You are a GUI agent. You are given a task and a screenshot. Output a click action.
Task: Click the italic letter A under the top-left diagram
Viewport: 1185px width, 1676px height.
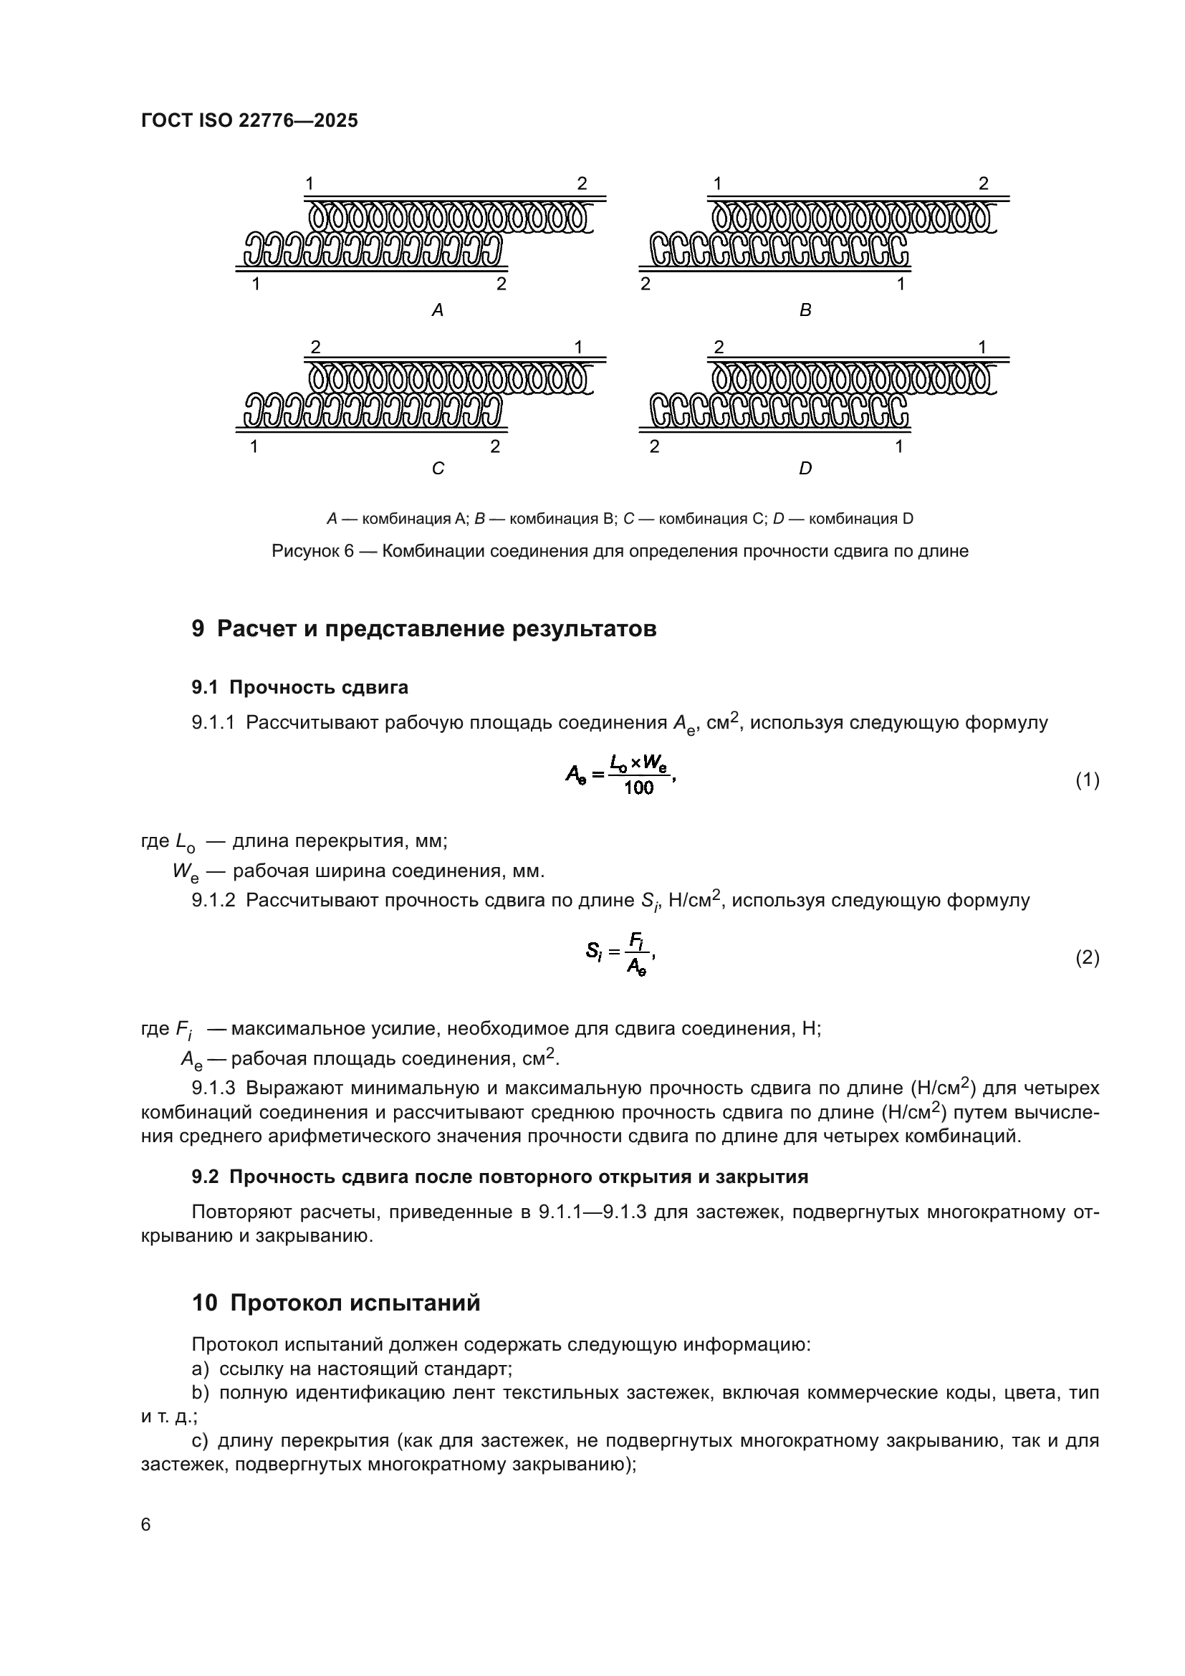click(438, 311)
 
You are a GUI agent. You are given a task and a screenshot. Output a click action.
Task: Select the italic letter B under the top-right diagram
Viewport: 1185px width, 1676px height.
click(805, 311)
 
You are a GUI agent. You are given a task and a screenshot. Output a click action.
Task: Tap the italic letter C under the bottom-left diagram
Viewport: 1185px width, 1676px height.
click(438, 469)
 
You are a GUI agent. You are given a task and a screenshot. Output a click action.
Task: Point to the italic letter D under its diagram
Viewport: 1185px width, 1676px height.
click(805, 469)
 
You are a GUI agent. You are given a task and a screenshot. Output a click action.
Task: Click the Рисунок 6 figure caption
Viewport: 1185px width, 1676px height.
click(620, 551)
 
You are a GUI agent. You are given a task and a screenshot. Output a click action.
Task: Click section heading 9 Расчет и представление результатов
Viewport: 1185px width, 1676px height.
click(424, 628)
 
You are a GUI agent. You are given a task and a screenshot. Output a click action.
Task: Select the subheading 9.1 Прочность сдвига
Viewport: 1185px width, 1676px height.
click(300, 687)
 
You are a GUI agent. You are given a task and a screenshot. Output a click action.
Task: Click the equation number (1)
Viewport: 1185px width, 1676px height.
click(1088, 780)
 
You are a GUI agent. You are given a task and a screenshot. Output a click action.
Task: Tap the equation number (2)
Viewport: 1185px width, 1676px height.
click(1088, 958)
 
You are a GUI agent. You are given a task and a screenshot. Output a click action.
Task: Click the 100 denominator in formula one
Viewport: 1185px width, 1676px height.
click(638, 788)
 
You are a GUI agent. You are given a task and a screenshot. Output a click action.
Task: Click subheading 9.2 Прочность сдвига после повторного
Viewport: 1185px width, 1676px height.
click(500, 1177)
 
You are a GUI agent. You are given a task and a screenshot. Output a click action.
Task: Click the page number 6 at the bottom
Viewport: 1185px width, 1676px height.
click(146, 1525)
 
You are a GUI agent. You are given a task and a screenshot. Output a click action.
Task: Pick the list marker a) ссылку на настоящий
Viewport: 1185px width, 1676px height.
click(200, 1369)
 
